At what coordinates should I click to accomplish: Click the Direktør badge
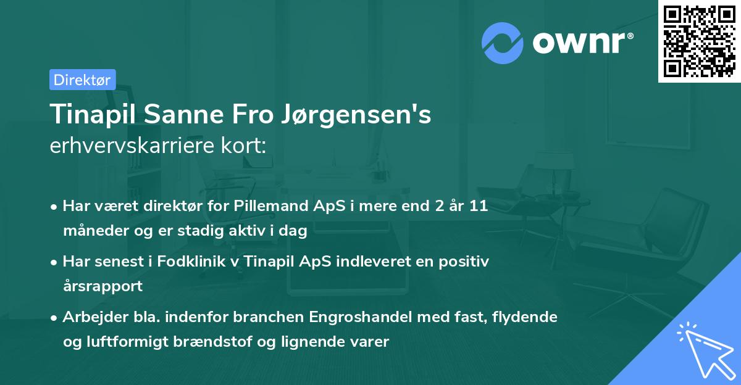(82, 80)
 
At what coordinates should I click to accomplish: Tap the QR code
(698, 41)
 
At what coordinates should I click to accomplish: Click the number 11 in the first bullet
(478, 206)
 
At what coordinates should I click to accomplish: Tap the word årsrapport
(103, 286)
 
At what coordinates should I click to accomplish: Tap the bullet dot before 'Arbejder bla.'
(55, 318)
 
